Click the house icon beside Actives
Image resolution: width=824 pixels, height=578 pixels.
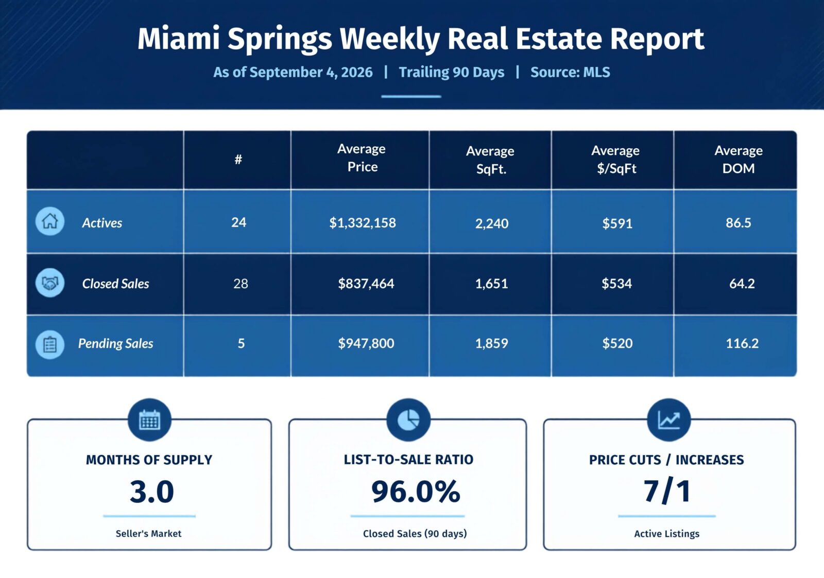click(49, 221)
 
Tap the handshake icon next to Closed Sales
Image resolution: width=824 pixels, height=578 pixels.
click(49, 283)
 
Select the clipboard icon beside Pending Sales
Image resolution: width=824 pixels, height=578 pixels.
click(49, 344)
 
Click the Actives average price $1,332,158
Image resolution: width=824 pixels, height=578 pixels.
click(363, 223)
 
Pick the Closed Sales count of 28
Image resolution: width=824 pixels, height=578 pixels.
click(241, 284)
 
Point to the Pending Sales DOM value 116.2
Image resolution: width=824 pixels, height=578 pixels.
click(742, 343)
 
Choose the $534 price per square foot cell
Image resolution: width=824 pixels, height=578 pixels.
click(616, 284)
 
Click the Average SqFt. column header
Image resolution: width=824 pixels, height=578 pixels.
click(490, 160)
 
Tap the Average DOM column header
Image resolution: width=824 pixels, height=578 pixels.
click(739, 159)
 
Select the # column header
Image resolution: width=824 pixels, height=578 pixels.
click(238, 159)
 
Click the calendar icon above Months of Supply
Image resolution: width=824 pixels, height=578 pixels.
click(149, 420)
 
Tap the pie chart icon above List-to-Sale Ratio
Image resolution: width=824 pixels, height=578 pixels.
click(408, 420)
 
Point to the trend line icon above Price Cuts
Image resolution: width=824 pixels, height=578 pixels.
click(669, 420)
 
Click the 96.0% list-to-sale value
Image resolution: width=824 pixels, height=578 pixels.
click(416, 491)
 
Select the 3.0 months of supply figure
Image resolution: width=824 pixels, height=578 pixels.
click(151, 492)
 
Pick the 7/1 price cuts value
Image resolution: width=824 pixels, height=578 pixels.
click(667, 491)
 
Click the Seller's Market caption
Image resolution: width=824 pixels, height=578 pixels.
click(149, 534)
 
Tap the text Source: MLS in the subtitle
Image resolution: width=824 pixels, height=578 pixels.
click(570, 72)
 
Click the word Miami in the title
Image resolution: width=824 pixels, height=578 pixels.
click(179, 38)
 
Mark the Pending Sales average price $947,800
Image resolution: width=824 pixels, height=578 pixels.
click(366, 343)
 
